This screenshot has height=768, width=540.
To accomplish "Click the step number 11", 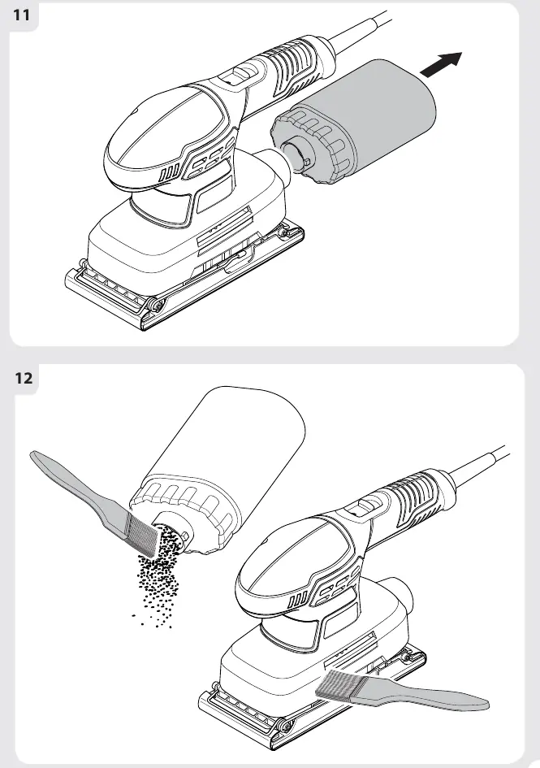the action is (x=21, y=15).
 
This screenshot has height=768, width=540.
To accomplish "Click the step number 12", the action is (x=23, y=378).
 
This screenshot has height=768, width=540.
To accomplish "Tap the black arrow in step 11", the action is (x=441, y=65).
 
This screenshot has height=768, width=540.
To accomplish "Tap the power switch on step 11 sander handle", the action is (x=241, y=73).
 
